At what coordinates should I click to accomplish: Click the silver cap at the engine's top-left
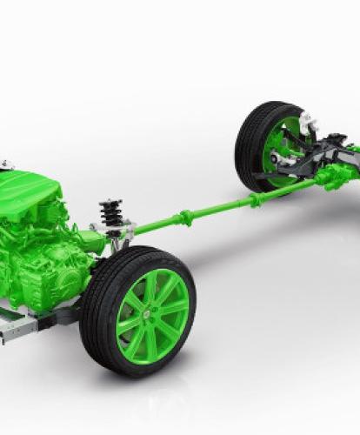[x=5, y=165]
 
